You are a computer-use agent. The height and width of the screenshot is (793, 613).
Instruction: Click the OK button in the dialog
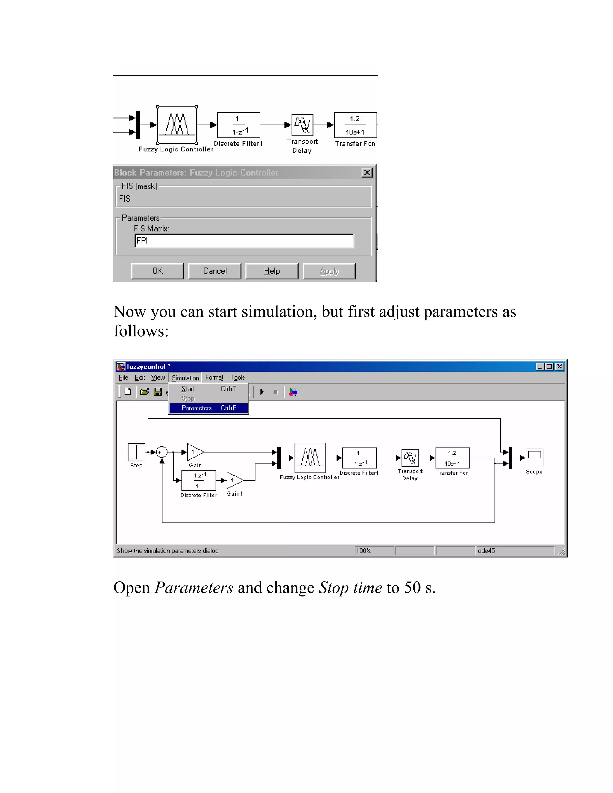click(x=157, y=271)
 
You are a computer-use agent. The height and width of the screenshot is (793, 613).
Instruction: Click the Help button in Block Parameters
click(x=272, y=271)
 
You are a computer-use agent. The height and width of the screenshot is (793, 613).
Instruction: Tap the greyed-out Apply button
click(x=329, y=271)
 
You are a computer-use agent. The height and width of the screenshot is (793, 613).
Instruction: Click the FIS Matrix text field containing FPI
click(x=244, y=241)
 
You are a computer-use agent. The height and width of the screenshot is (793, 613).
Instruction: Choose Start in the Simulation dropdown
click(x=188, y=389)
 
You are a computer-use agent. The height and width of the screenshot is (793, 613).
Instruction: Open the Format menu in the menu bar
click(x=214, y=378)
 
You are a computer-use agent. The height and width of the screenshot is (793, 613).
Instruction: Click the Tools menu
click(x=237, y=378)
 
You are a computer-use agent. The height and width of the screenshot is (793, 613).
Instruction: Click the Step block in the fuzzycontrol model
click(x=136, y=452)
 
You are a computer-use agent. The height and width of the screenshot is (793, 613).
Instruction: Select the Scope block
click(x=534, y=458)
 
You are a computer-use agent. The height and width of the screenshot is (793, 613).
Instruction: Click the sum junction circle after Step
click(x=162, y=452)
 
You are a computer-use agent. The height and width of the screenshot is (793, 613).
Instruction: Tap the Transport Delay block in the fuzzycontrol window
click(x=410, y=458)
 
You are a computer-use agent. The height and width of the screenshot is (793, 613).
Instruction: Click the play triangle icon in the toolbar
click(x=262, y=392)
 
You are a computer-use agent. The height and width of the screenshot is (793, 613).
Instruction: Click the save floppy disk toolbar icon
click(x=158, y=392)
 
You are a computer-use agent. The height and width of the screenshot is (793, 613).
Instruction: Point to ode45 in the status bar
click(x=486, y=551)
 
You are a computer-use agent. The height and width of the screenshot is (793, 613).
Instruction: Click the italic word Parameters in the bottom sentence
click(x=194, y=588)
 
